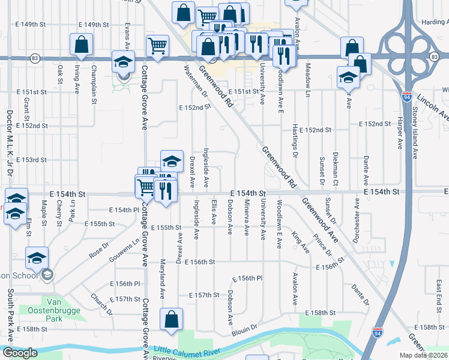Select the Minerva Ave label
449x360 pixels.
246,218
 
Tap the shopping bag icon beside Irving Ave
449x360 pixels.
81,44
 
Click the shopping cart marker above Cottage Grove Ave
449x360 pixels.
157,44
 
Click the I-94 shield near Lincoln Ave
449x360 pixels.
407,96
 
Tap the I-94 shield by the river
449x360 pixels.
376,332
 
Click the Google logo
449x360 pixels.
20,353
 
